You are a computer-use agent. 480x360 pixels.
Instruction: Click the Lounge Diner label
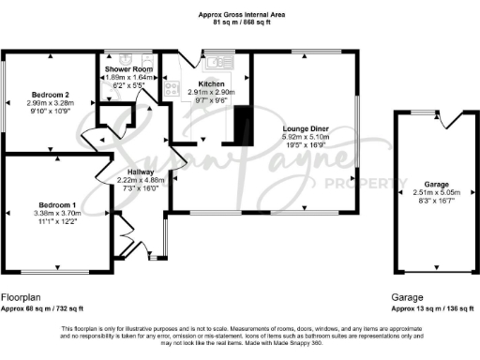[x=306, y=130]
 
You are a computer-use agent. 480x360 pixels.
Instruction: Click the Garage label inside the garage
[x=436, y=185]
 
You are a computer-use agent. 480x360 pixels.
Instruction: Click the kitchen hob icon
[x=172, y=90]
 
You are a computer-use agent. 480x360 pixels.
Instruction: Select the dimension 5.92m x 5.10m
[x=306, y=139]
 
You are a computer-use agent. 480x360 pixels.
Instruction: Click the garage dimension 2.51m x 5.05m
[x=436, y=193]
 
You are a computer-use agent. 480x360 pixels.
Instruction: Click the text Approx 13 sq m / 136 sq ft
[x=432, y=308]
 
